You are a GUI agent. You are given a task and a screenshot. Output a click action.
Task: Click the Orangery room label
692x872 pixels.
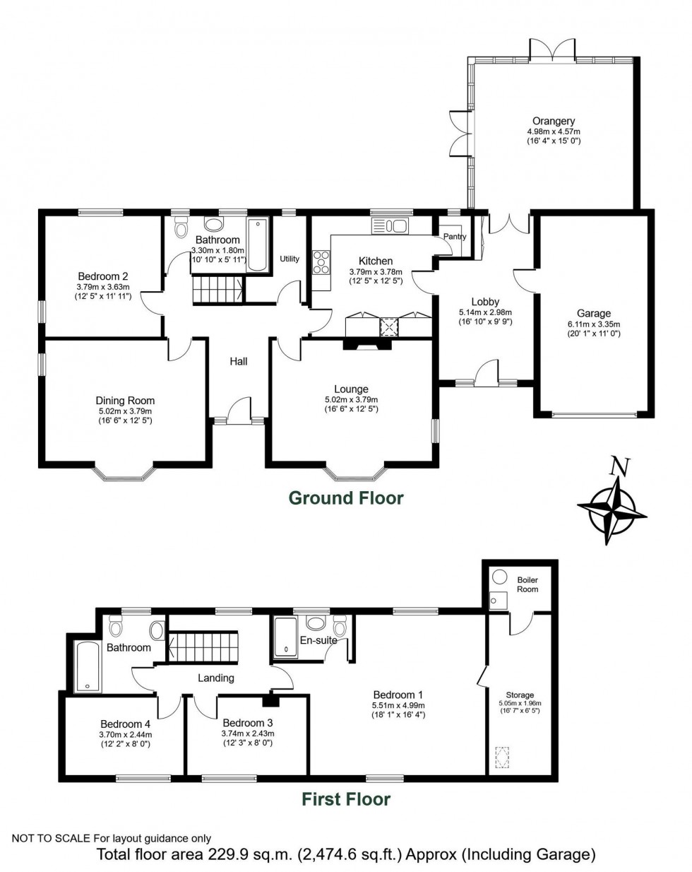[x=554, y=122]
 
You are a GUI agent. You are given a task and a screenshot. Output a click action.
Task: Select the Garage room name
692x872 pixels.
[x=593, y=314]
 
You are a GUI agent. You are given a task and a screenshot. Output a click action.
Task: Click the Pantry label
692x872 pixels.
[x=455, y=237]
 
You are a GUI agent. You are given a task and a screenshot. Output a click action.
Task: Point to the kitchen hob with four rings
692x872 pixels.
[x=321, y=262]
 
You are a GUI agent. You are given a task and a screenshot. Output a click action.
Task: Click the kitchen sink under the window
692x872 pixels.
[x=389, y=226]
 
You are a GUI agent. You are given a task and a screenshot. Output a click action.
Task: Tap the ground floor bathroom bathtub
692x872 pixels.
[x=258, y=245]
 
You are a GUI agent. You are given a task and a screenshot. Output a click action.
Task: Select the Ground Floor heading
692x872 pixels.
[x=346, y=498]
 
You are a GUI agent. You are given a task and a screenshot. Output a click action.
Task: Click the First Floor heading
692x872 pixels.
[x=346, y=799]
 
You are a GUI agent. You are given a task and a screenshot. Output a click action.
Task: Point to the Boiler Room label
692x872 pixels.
[x=527, y=584]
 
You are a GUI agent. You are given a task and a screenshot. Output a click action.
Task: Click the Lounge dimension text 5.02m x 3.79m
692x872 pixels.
[x=351, y=399]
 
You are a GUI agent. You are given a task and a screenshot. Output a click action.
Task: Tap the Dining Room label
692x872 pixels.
[x=125, y=401]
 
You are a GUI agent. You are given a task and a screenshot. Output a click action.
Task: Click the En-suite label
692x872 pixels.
[x=318, y=641]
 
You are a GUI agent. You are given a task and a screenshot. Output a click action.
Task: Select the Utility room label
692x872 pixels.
[x=290, y=259]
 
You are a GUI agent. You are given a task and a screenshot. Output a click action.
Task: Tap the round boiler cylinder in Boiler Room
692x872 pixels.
[x=501, y=576]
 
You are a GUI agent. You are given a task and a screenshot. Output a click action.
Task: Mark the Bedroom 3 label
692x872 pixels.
[x=247, y=723]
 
